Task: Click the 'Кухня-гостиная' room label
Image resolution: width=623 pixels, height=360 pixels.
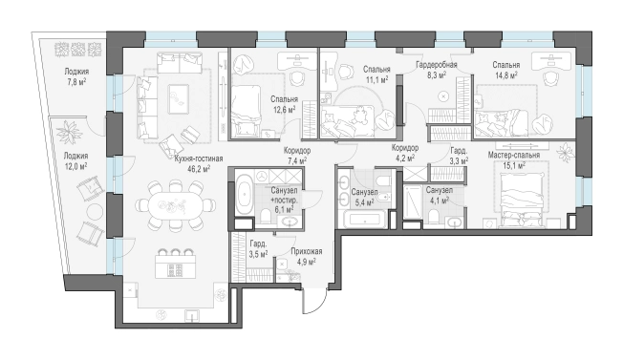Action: click(x=198, y=159)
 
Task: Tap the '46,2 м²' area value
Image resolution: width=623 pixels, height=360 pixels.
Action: click(x=199, y=169)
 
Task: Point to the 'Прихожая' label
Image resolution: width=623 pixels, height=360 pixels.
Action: click(x=307, y=252)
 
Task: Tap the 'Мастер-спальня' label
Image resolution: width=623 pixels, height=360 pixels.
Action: click(x=514, y=155)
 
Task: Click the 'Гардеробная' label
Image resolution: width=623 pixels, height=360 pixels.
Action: click(x=437, y=64)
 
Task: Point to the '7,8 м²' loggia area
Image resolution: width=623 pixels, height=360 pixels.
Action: click(x=76, y=82)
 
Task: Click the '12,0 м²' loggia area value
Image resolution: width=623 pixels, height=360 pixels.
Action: click(x=75, y=166)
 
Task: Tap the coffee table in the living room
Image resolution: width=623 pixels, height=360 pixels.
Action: click(x=178, y=98)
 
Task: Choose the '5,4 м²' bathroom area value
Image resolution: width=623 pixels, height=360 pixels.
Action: click(x=363, y=202)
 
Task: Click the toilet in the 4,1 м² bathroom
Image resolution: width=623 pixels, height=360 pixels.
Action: click(x=434, y=218)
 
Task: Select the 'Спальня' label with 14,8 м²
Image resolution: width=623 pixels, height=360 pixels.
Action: click(x=505, y=65)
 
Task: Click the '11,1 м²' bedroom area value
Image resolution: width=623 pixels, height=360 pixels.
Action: click(x=376, y=79)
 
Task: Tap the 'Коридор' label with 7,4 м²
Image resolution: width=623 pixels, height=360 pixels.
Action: click(x=297, y=151)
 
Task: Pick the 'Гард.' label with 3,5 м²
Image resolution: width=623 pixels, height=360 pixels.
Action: click(x=258, y=244)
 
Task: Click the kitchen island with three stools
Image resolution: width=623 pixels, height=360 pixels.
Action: click(x=175, y=265)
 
